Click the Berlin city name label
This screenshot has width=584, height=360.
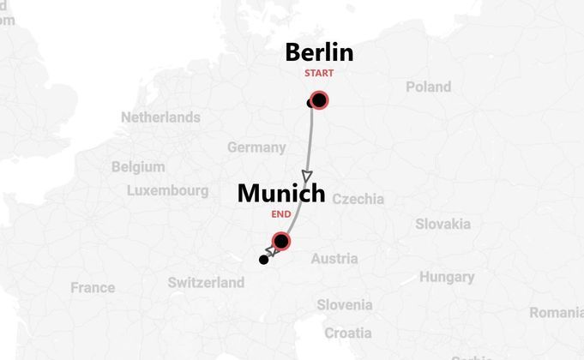click(319, 52)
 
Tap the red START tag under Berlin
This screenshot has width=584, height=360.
click(319, 74)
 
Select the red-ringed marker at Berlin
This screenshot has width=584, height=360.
click(319, 100)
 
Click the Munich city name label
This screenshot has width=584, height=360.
click(281, 194)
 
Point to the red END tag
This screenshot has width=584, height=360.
click(280, 213)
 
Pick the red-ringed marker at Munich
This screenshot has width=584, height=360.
click(280, 241)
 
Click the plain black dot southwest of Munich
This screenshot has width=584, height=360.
click(264, 260)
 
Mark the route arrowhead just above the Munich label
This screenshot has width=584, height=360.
click(308, 174)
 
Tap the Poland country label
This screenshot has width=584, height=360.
click(428, 87)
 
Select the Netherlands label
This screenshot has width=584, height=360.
click(160, 117)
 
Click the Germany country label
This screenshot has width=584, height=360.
click(256, 147)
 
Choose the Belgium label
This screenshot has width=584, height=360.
click(138, 166)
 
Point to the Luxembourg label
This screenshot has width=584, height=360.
click(167, 190)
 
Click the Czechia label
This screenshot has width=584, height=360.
click(358, 199)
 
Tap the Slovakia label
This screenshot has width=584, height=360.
click(443, 224)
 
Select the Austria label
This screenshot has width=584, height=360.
click(334, 258)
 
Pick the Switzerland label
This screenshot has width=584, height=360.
click(206, 282)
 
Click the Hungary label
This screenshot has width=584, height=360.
click(446, 277)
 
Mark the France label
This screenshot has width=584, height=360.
click(93, 287)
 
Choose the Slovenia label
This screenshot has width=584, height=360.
click(345, 304)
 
